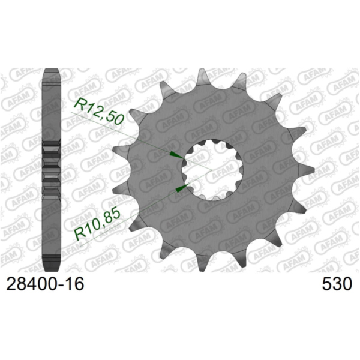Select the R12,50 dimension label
(x=98, y=110)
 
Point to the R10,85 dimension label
(x=99, y=224)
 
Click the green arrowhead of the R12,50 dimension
(x=175, y=155)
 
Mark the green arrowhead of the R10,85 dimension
(x=179, y=190)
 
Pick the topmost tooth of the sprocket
(x=203, y=77)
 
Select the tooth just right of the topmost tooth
(x=240, y=82)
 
